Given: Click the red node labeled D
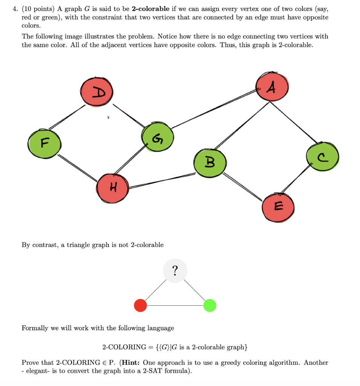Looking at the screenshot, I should coord(96,90).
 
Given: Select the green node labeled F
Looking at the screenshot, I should coord(44,143).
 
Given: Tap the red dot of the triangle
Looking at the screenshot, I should coord(140,305).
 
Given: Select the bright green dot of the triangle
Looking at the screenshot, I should coord(210,305).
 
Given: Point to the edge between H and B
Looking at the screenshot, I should coord(162,180).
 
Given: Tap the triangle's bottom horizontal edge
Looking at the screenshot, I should coord(175,305).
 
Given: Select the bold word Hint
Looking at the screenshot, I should coord(131,363).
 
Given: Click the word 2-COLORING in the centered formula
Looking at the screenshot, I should coord(124,347).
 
